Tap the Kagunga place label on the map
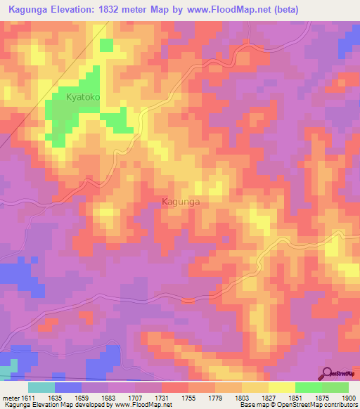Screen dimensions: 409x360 (181, 202)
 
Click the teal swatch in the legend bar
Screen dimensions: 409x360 (41, 387)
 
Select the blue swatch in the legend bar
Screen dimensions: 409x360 (68, 387)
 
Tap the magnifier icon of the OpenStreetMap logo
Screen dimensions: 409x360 (326, 372)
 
